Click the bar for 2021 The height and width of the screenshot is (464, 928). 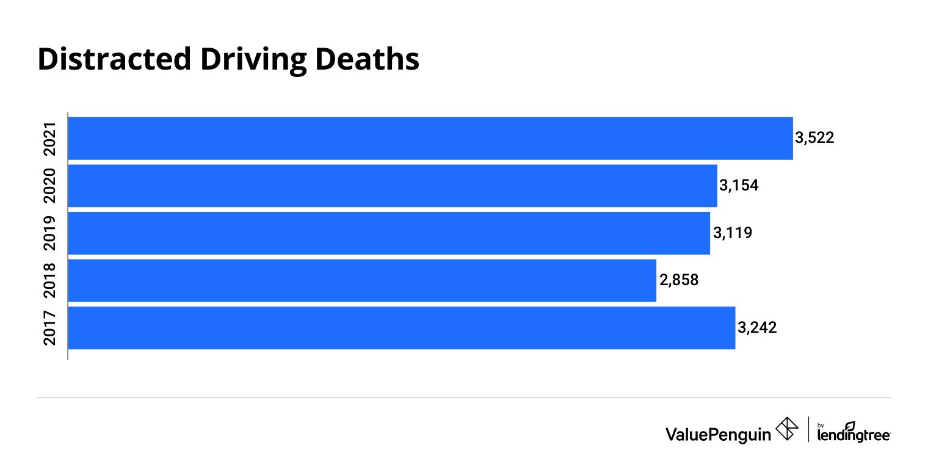tap(430, 139)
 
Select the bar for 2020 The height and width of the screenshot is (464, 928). tap(393, 186)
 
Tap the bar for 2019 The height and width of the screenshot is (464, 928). tap(389, 233)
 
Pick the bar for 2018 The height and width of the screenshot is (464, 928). tap(362, 280)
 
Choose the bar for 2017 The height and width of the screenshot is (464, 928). tap(402, 328)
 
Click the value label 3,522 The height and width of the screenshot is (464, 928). tap(814, 138)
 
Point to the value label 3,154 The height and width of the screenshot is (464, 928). tap(739, 186)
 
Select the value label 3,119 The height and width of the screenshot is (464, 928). tap(732, 233)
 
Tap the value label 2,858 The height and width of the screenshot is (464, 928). tap(678, 280)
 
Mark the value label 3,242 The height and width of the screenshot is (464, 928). tap(757, 328)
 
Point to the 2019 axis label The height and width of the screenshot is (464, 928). tap(51, 233)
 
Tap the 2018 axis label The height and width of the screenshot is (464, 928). tap(51, 280)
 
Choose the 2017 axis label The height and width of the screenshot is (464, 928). tap(51, 328)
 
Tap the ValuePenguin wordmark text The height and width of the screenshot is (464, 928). tap(717, 433)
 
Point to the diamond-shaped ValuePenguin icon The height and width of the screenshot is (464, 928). tap(786, 429)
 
